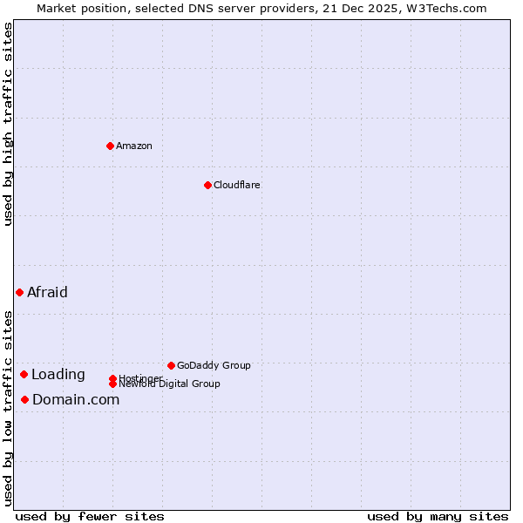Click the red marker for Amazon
(110, 146)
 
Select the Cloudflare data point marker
(207, 185)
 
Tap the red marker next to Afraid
(19, 292)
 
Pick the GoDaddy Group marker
(171, 365)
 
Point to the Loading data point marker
(24, 374)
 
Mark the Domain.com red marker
(24, 399)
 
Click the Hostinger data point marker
(112, 378)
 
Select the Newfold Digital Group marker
(112, 384)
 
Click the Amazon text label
(134, 146)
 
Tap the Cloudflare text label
(237, 185)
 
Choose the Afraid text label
(47, 292)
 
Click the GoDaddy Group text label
(214, 365)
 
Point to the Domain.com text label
(76, 399)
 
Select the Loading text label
(58, 374)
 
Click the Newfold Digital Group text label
(169, 384)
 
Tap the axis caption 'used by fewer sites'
(90, 516)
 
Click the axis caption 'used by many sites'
(438, 516)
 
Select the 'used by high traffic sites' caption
(8, 124)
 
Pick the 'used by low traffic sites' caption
(8, 407)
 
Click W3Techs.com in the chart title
(443, 8)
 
